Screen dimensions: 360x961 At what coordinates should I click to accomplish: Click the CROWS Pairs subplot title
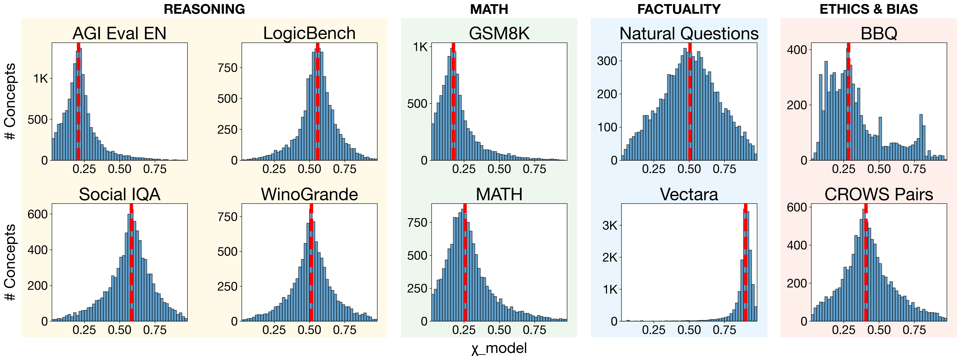[879, 194]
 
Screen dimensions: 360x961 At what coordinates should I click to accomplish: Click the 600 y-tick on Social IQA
[38, 214]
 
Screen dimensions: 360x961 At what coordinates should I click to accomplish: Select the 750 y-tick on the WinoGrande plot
[228, 217]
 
